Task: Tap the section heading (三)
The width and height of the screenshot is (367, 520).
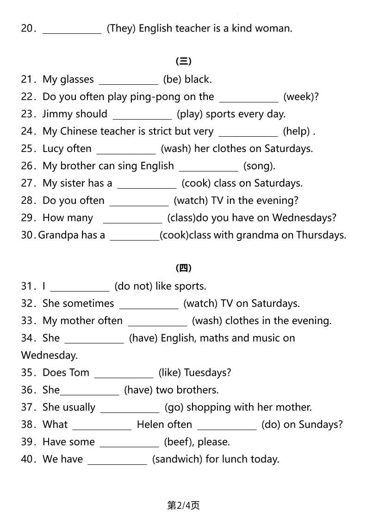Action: (183, 61)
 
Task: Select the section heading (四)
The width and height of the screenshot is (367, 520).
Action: (183, 268)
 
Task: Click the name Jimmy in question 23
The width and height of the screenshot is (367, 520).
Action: (57, 114)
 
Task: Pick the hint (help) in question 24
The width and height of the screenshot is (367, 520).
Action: (297, 132)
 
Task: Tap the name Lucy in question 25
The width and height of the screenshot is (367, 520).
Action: (53, 149)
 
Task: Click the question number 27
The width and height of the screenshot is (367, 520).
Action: (28, 183)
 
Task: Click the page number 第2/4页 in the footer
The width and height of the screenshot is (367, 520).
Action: (183, 506)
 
